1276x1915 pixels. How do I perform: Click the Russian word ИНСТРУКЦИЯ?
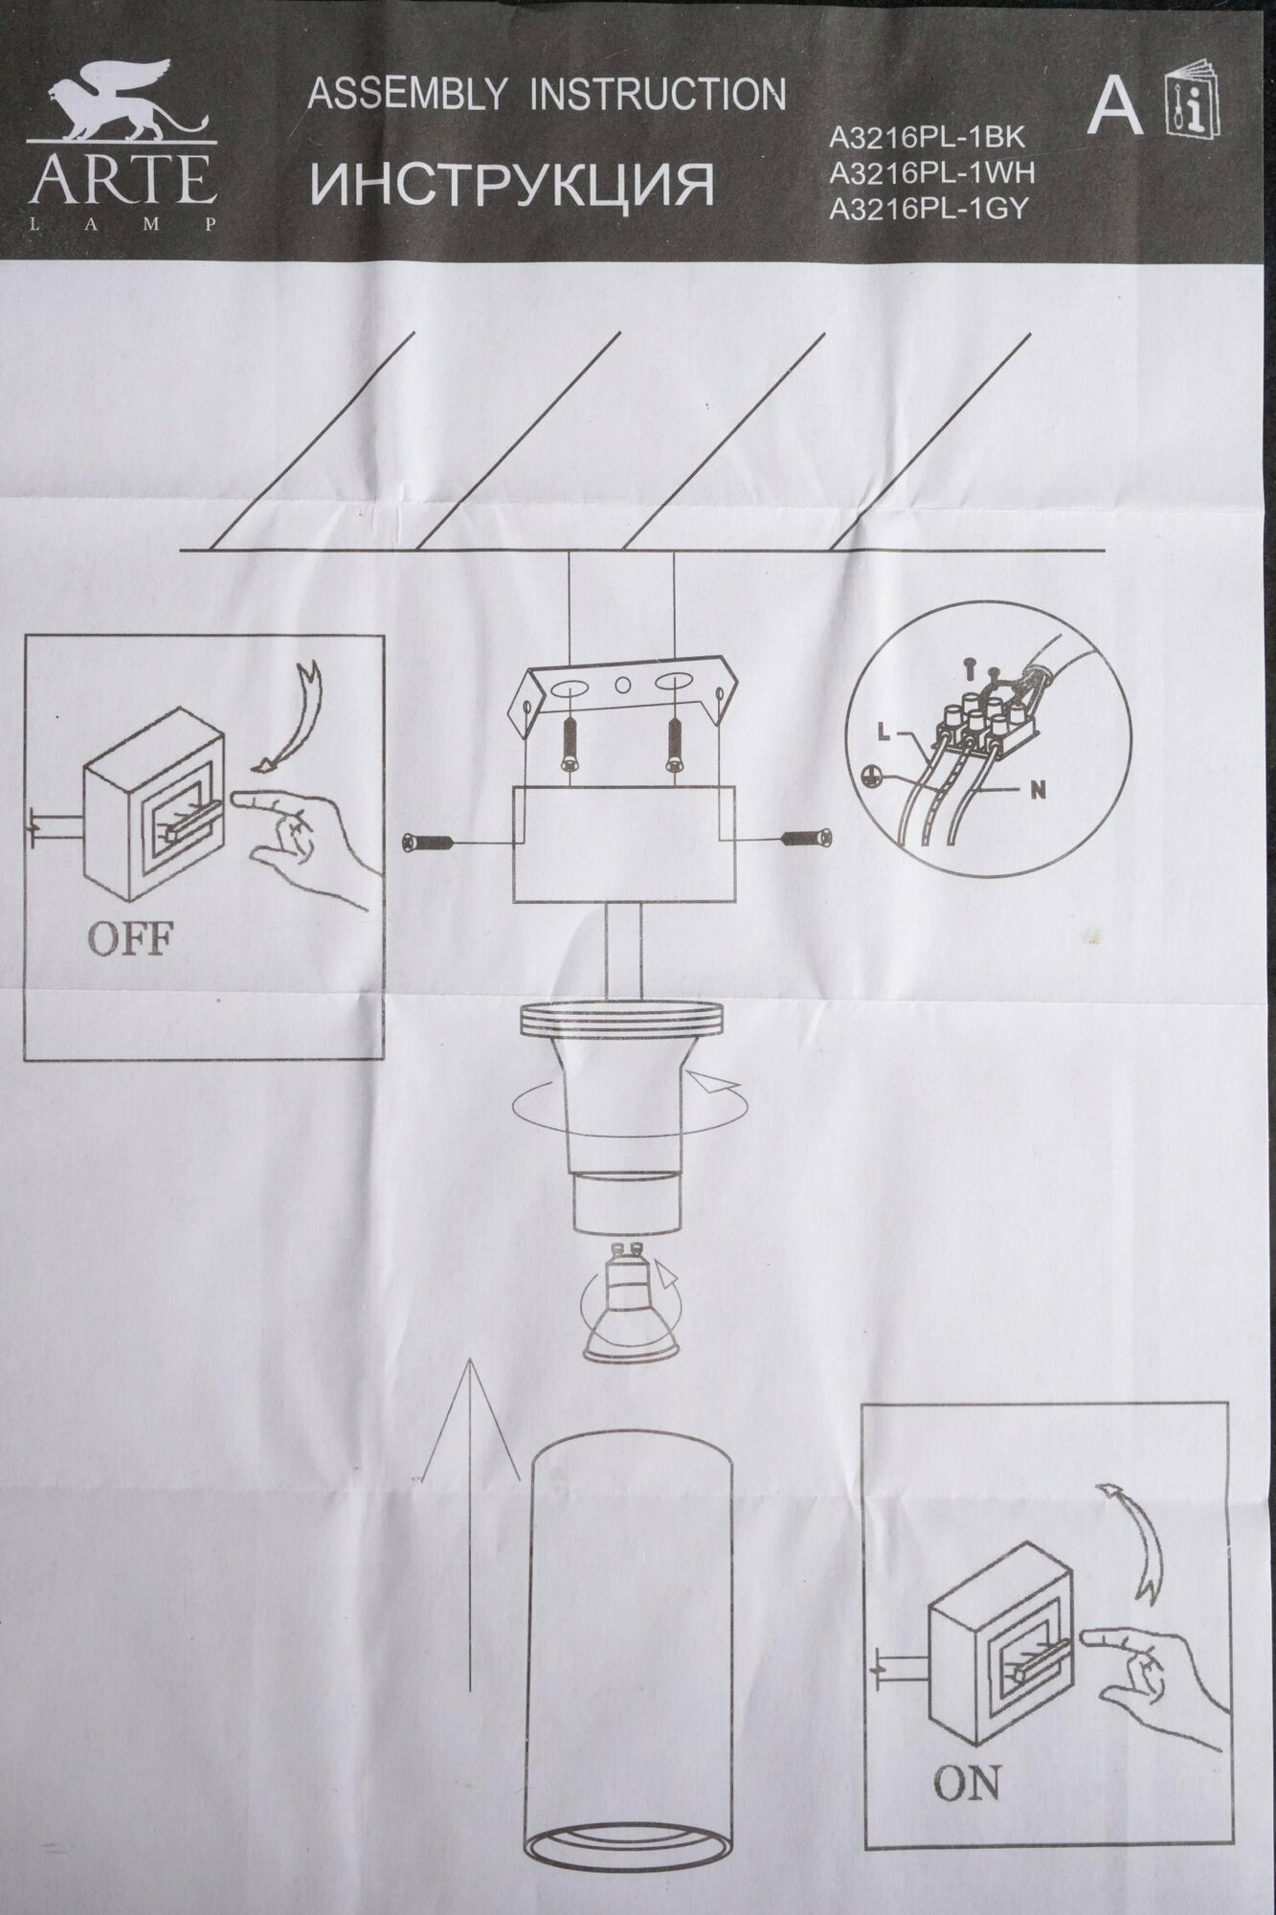513,185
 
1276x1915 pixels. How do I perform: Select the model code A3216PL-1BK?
927,138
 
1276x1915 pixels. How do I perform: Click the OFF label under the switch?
130,939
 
